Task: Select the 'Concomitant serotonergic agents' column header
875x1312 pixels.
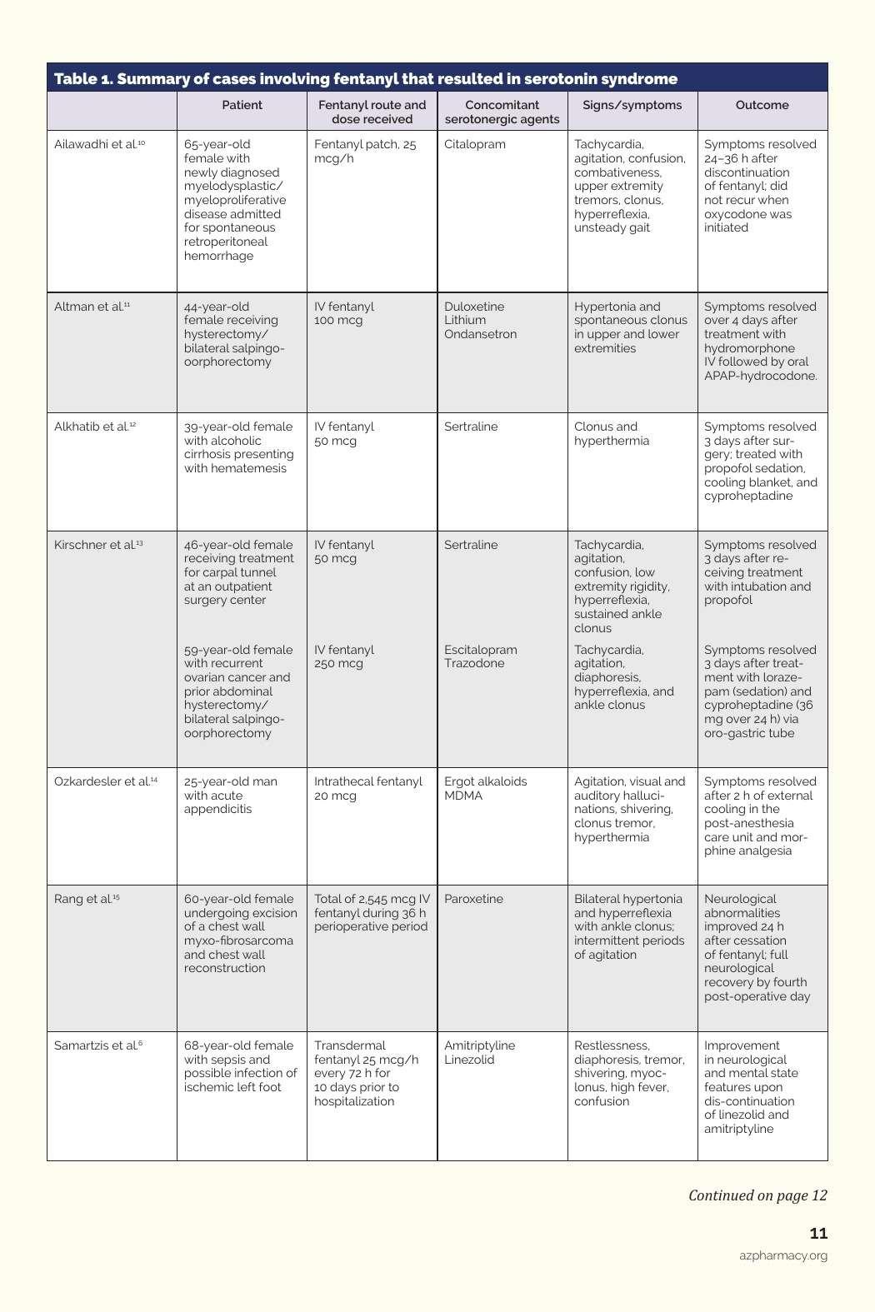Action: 502,112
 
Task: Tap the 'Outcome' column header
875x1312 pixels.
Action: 762,105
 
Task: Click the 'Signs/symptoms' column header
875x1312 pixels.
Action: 632,105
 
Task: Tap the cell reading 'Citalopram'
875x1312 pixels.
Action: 474,144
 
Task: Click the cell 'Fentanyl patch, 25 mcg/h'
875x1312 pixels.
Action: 364,151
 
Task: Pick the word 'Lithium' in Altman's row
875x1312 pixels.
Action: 464,320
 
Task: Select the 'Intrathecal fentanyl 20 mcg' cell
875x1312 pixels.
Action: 367,788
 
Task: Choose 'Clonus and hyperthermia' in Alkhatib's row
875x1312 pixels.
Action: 611,433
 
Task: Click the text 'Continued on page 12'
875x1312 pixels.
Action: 757,1195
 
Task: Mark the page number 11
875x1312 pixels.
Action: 818,1234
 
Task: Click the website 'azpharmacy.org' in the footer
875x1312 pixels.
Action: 783,1255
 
